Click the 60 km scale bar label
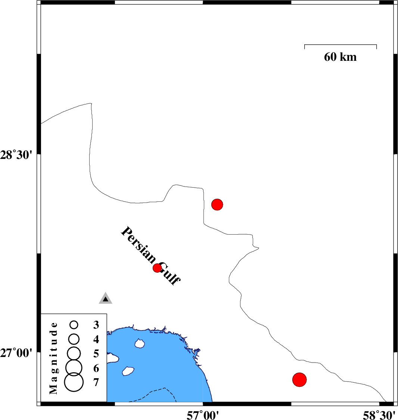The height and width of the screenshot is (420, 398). tap(340, 57)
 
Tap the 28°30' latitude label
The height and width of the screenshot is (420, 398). tap(16, 155)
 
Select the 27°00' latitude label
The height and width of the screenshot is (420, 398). tap(16, 353)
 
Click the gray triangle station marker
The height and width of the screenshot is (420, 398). tap(105, 298)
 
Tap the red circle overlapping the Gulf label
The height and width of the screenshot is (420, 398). tap(157, 267)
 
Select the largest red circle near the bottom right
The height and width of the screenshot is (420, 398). tap(299, 380)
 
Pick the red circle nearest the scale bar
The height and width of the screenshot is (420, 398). tap(217, 205)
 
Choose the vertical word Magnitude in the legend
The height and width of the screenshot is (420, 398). tap(54, 358)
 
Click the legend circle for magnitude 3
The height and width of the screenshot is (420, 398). tap(74, 325)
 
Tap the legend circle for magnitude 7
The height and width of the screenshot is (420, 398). tap(74, 382)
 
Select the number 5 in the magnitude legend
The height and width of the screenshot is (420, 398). tap(96, 354)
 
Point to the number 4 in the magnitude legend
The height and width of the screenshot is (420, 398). tap(96, 339)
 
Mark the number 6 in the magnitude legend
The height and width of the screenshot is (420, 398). tap(96, 368)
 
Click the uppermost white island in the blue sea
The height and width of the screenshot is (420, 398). tap(140, 344)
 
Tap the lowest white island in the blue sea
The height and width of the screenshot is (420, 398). tap(128, 371)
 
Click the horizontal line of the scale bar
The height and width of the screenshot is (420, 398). tap(341, 45)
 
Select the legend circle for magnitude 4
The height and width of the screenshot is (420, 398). tap(74, 339)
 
